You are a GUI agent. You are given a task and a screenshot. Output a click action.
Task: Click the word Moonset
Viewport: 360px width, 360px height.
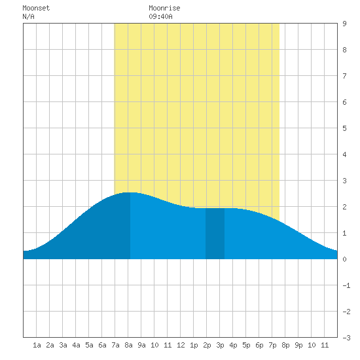click(x=36, y=8)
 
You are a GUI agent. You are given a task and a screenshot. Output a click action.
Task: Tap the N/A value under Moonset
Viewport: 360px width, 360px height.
click(x=28, y=16)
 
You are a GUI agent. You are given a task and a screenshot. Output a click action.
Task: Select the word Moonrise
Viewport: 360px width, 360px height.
click(x=164, y=8)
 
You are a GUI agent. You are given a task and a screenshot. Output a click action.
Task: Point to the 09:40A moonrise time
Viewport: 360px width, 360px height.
click(x=160, y=16)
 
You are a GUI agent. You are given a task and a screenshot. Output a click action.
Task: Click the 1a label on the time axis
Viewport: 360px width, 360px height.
click(x=37, y=345)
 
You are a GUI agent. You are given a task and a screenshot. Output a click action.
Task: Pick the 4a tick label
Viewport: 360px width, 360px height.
click(x=76, y=345)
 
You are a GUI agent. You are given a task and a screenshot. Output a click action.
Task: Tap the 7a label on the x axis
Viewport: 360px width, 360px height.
click(x=115, y=345)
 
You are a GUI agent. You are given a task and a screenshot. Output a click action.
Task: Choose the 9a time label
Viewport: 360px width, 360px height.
click(x=141, y=345)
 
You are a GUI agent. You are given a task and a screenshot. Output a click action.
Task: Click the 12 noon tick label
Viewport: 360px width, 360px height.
click(x=181, y=345)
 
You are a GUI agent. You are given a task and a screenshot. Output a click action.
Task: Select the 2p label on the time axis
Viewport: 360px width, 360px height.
click(x=207, y=345)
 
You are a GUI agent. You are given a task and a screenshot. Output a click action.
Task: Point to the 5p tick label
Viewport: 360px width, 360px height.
click(x=246, y=345)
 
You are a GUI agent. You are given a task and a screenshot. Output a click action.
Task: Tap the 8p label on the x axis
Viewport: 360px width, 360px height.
click(x=285, y=345)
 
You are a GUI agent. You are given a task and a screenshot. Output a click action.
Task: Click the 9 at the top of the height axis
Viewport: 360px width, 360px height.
click(x=344, y=24)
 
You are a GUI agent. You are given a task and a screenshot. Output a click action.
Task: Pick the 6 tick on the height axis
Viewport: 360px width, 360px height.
click(x=344, y=102)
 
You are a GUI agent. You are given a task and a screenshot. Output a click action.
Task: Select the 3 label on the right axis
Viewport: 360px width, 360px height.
click(x=344, y=181)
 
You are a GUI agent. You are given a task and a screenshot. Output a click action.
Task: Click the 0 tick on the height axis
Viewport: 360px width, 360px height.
click(x=344, y=259)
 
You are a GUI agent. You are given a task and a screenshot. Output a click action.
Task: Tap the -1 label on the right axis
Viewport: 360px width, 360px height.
click(x=346, y=285)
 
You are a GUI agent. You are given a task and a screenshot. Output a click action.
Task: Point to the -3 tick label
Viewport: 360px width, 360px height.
click(x=346, y=338)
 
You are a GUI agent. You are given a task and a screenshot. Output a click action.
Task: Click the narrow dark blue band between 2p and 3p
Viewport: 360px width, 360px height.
click(x=215, y=234)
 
